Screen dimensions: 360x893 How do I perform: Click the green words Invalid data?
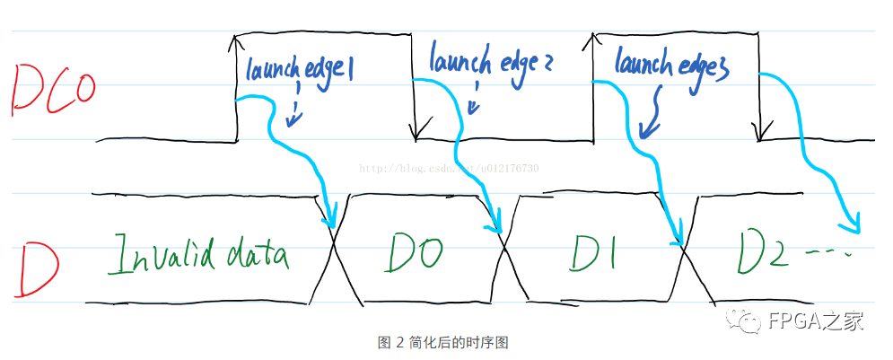[198, 255]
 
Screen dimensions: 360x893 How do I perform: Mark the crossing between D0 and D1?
[505, 248]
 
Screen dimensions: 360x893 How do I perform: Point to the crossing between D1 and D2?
[684, 248]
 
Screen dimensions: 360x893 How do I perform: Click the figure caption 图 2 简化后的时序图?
[444, 342]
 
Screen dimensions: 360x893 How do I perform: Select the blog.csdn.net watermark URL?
[449, 168]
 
